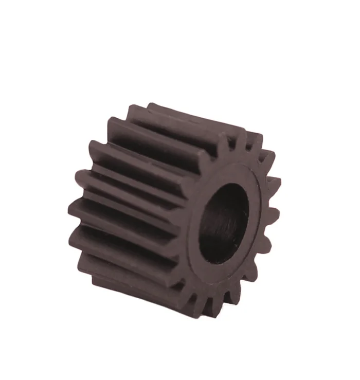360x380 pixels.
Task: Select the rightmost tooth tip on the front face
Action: (x=276, y=181)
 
